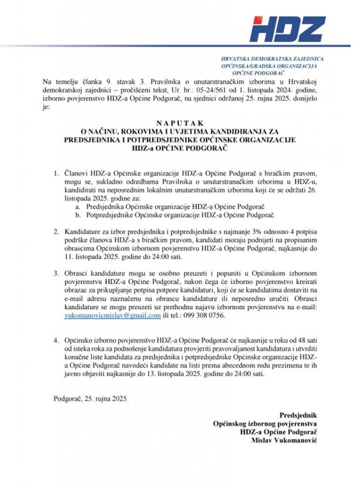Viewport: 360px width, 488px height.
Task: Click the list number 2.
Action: click(x=56, y=232)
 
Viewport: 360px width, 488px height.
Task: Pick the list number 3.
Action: click(x=56, y=273)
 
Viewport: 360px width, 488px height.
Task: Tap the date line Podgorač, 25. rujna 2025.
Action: click(x=91, y=397)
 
